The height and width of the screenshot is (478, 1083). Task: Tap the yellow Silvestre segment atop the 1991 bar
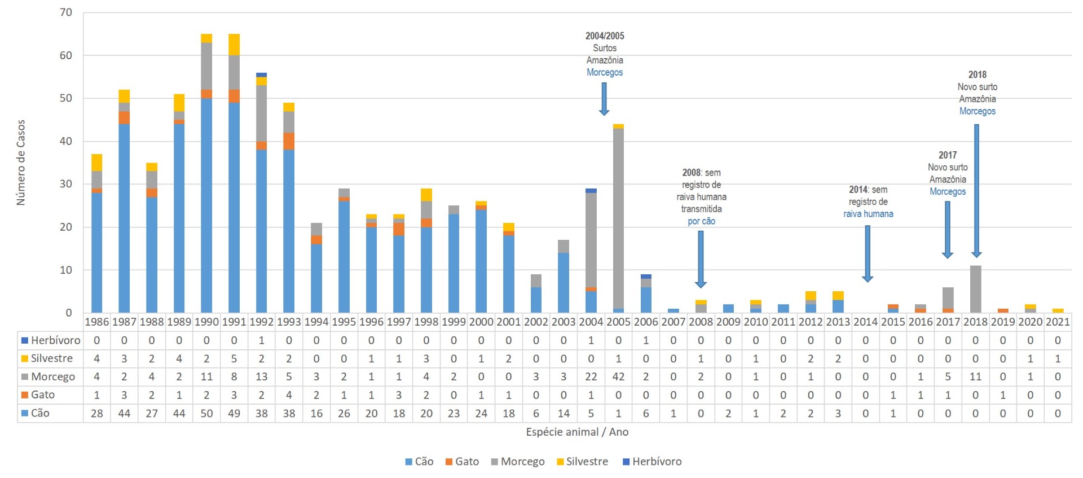coord(234,45)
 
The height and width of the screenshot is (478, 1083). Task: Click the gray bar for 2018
coord(975,289)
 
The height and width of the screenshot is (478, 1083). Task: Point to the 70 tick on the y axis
coord(66,12)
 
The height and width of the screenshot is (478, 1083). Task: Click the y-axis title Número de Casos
coord(21,163)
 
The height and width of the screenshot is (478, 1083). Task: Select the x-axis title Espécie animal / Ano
coord(576,432)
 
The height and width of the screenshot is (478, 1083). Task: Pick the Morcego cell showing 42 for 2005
coord(618,376)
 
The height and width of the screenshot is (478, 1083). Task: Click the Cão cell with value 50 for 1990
coord(206,413)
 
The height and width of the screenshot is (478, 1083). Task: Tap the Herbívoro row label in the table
coord(55,340)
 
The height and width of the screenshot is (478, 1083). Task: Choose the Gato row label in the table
coord(42,394)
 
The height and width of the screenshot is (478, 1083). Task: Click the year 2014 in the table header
coord(865,322)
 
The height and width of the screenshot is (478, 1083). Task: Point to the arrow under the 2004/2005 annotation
coord(604,99)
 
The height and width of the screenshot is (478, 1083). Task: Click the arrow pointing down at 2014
coord(868,253)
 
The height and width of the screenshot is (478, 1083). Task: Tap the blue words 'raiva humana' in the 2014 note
coord(868,214)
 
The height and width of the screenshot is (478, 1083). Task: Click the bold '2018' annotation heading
coord(978,74)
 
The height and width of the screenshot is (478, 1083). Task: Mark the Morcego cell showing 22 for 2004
coord(591,376)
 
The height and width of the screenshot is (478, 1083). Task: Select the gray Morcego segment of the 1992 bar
coord(261,113)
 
